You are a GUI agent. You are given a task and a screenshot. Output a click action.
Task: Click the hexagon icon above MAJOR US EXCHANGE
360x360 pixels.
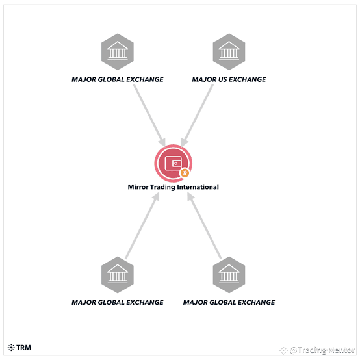[x=229, y=51]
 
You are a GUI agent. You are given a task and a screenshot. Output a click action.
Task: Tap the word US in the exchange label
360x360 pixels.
[x=222, y=79]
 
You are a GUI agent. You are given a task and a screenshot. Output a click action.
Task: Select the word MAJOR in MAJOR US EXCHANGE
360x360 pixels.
[x=203, y=79]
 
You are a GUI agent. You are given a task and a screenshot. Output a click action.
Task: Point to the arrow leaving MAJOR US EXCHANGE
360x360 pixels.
[x=197, y=115]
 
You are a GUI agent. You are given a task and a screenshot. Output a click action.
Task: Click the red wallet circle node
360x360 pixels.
[x=173, y=163]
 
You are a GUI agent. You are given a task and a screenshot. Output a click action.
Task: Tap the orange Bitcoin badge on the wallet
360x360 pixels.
[x=185, y=173]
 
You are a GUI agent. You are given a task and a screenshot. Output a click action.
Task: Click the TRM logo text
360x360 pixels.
[x=23, y=348]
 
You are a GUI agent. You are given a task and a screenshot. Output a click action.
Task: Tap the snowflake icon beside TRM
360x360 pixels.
[x=11, y=348]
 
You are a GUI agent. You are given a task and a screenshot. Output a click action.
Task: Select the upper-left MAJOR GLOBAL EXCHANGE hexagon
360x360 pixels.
[x=118, y=51]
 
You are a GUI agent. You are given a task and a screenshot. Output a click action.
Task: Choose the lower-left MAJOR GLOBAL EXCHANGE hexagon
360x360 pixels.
[x=118, y=275]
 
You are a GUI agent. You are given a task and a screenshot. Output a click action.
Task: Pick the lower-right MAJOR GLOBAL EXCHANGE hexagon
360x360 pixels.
[x=229, y=275]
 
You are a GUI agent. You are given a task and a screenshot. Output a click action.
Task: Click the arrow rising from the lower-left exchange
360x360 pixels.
[x=142, y=225]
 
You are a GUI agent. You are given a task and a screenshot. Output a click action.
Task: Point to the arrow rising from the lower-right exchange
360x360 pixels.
[x=204, y=225]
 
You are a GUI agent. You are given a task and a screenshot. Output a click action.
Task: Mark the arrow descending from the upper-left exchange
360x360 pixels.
[x=149, y=115]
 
